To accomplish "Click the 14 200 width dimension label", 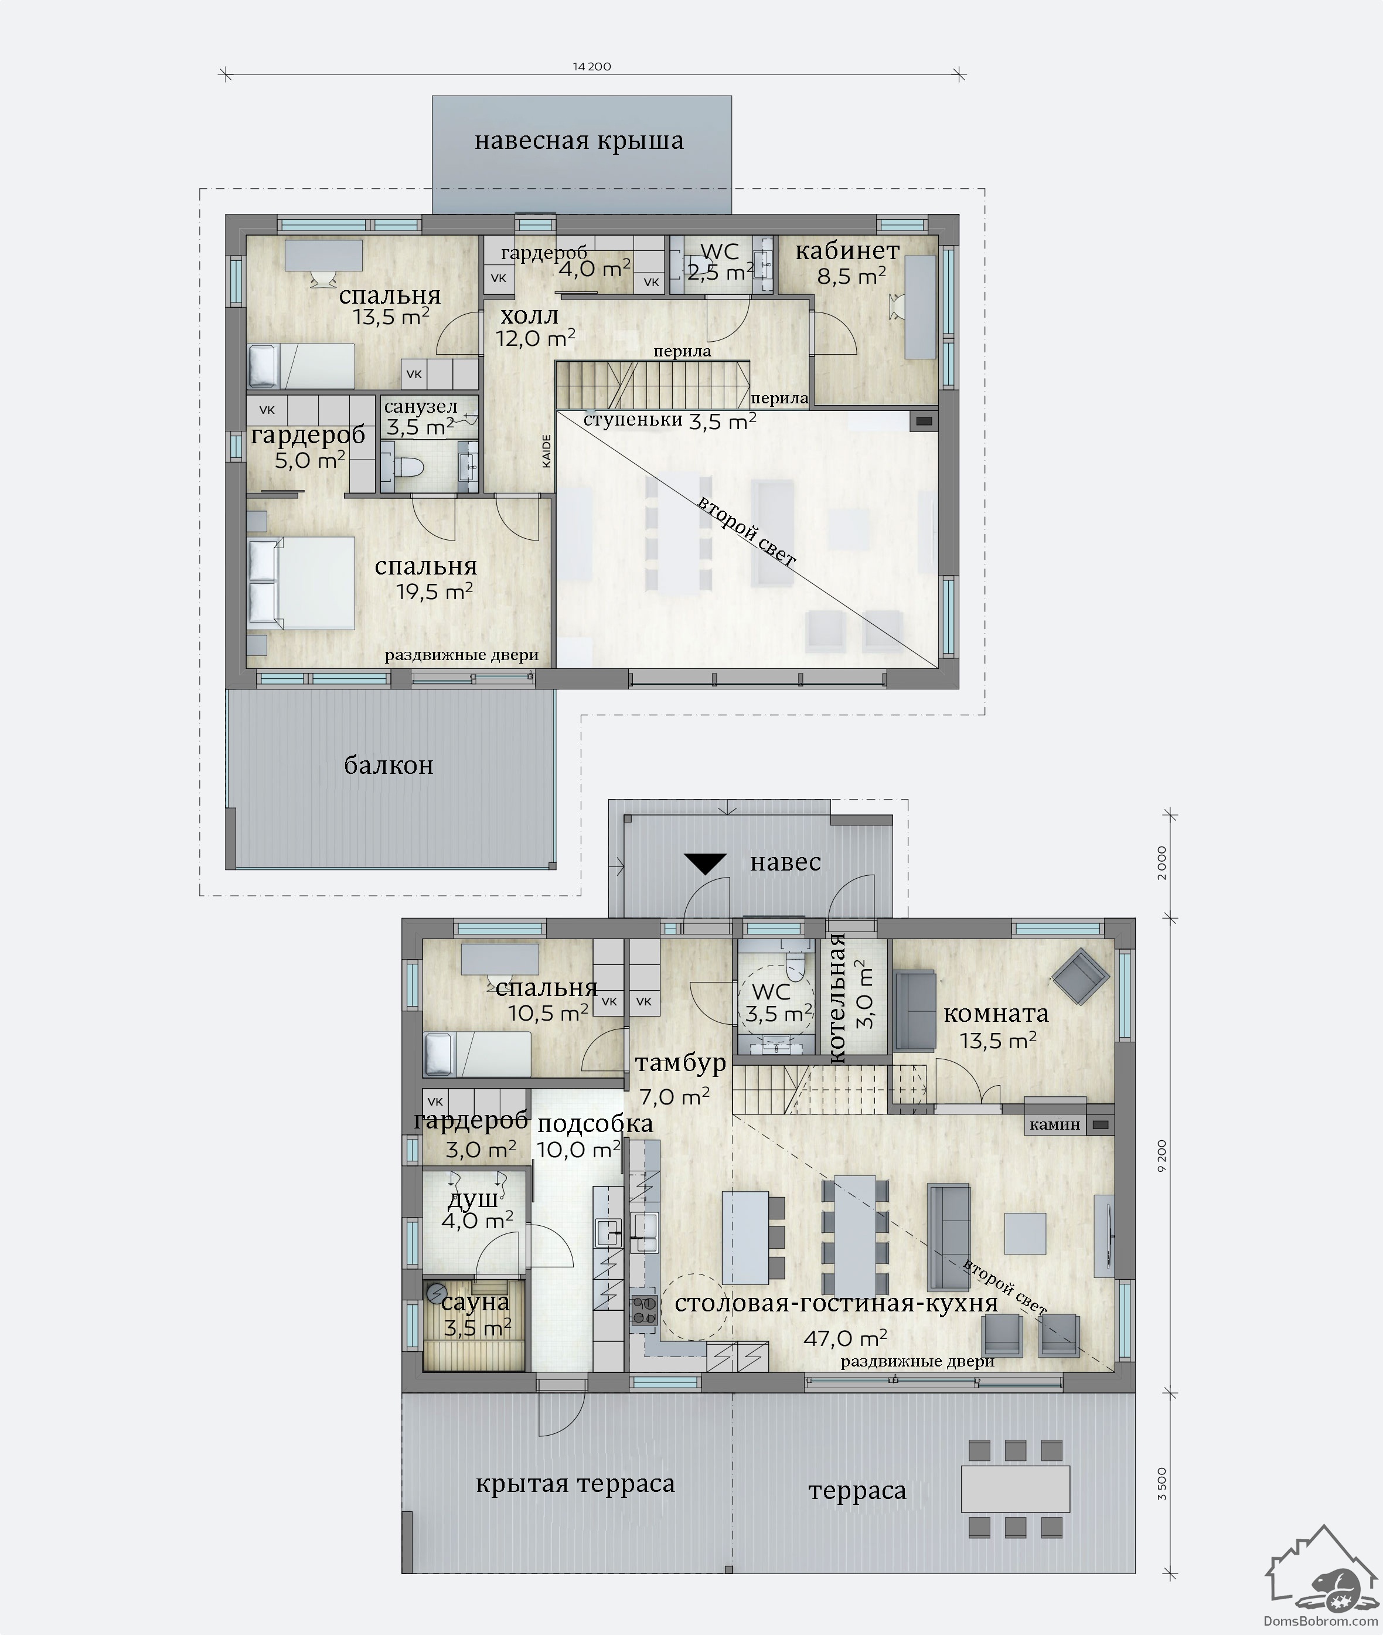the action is click(x=592, y=67).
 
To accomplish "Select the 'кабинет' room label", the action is click(x=847, y=251).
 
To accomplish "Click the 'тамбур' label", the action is click(x=680, y=1064).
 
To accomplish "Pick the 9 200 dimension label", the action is click(x=1162, y=1156).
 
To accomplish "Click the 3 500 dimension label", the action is click(x=1162, y=1484).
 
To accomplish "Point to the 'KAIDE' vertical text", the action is click(x=546, y=451).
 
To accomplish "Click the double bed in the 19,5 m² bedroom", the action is click(x=302, y=583).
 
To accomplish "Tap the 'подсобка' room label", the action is click(x=595, y=1124).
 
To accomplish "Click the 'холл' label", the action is click(x=529, y=316).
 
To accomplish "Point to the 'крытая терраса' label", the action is click(x=575, y=1484).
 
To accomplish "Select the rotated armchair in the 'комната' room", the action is click(x=1081, y=976).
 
